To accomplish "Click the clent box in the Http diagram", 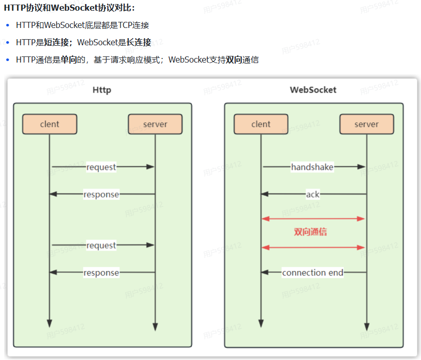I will tap(49, 124).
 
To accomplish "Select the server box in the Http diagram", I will tap(155, 124).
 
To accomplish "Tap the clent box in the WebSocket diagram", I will tap(261, 124).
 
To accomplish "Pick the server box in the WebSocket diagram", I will tap(367, 124).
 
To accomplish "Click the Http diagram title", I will tap(102, 90).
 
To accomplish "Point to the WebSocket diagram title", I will tap(313, 90).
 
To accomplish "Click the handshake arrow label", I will tap(312, 167).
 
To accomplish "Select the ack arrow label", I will tap(313, 194).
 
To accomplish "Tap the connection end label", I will tap(313, 273).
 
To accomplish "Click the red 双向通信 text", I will tap(310, 232).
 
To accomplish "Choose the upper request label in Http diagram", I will tap(101, 167).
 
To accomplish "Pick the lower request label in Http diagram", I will tap(101, 246).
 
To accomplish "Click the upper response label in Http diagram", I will tap(101, 194).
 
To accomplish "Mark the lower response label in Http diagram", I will tap(101, 273).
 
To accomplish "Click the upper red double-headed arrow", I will tap(314, 219).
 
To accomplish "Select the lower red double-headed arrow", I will tap(314, 248).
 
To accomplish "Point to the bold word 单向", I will tap(69, 60).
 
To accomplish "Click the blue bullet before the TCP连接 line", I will tap(8, 25).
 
